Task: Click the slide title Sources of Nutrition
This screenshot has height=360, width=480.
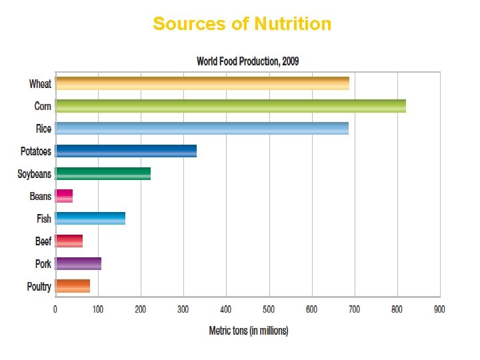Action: click(241, 24)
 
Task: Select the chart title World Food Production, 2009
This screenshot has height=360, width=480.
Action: click(247, 61)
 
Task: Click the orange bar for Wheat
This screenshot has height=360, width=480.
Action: click(202, 83)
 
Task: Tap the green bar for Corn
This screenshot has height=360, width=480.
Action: click(230, 106)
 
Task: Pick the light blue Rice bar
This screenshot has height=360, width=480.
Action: click(201, 128)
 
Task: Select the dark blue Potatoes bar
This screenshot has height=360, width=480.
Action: click(126, 151)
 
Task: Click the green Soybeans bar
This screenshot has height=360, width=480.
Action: click(103, 173)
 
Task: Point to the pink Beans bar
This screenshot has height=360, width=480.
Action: click(64, 196)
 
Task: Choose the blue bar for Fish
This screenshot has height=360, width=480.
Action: click(90, 219)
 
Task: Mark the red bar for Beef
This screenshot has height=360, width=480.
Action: click(69, 241)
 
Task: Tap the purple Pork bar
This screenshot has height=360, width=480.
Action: click(78, 263)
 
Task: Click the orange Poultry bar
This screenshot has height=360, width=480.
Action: click(73, 286)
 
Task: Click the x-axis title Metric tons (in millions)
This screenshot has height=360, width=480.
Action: click(249, 331)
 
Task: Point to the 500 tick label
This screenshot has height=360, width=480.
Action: click(269, 309)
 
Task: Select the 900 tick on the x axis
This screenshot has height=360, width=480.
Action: click(439, 309)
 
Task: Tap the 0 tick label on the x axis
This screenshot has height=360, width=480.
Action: click(55, 309)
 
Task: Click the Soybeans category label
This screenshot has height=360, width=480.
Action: click(34, 174)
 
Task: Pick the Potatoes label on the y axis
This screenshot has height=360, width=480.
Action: click(36, 151)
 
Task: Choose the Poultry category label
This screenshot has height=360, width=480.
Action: click(39, 287)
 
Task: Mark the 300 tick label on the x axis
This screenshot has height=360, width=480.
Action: click(183, 309)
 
